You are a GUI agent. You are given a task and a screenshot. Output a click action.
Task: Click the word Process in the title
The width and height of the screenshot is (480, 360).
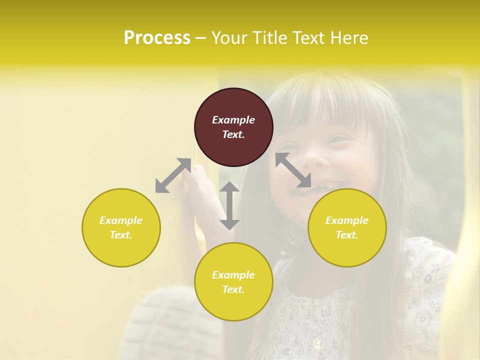click(157, 38)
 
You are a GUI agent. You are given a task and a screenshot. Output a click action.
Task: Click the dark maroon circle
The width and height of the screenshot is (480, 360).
click(233, 127)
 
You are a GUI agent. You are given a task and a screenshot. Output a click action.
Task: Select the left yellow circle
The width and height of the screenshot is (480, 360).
click(121, 227)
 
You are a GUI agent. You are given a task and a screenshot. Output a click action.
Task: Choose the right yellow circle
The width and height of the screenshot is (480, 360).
click(347, 227)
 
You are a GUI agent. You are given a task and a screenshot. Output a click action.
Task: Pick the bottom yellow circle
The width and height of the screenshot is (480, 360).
click(233, 281)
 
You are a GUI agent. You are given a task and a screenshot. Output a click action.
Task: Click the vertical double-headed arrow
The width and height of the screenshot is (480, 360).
click(229, 205)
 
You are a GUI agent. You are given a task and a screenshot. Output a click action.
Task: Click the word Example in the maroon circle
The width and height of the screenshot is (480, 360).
click(233, 120)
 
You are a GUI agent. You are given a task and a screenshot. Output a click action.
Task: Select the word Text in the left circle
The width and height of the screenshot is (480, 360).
click(120, 235)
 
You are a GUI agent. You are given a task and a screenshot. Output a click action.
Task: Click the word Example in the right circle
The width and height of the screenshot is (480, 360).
click(347, 220)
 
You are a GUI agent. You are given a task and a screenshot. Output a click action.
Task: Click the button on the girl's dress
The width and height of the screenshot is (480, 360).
click(318, 344)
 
